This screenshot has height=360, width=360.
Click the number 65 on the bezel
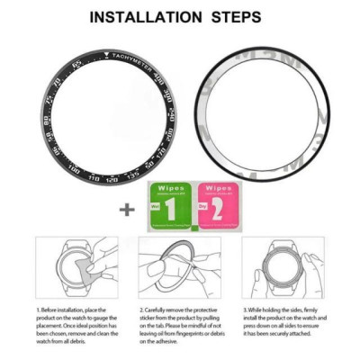pyautogui.click(x=76, y=63)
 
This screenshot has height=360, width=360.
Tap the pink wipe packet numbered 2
pyautogui.click(x=216, y=205)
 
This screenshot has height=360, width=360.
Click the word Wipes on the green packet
pyautogui.click(x=171, y=188)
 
